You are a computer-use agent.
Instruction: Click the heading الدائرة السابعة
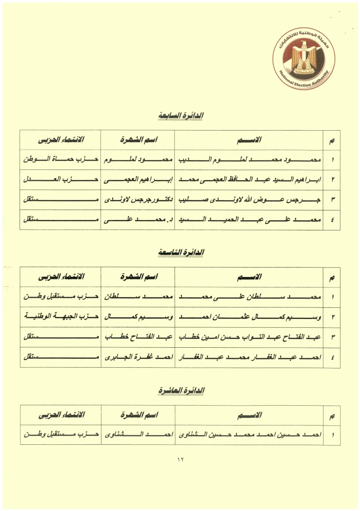[x=181, y=115]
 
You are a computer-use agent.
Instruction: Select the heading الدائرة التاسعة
[x=181, y=252]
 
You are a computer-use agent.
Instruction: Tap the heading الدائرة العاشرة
[x=181, y=390]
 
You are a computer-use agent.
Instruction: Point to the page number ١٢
[x=180, y=460]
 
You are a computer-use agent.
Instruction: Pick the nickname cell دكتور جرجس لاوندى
[x=138, y=200]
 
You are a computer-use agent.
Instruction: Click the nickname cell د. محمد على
[x=138, y=220]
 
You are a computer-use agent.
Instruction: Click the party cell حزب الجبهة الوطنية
[x=60, y=317]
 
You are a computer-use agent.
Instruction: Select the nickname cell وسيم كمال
[x=138, y=317]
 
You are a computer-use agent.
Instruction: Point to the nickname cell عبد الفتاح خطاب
[x=138, y=337]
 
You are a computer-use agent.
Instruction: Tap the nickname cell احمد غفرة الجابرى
[x=138, y=357]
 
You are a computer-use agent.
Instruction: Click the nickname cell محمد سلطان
[x=138, y=297]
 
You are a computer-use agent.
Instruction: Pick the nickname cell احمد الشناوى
[x=138, y=435]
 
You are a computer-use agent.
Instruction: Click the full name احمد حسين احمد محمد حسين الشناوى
[x=249, y=435]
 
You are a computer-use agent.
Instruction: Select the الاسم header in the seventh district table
[x=249, y=140]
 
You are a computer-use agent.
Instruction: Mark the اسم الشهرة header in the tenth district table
[x=138, y=415]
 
